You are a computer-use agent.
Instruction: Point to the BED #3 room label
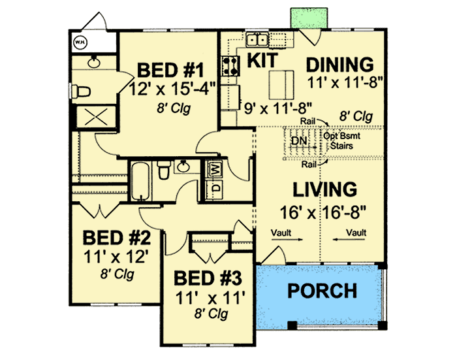[x=209, y=278]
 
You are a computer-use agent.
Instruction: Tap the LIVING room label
[x=324, y=189]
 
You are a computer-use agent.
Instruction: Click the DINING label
[x=339, y=65]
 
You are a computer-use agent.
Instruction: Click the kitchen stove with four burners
[x=230, y=64]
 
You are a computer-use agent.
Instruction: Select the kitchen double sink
[x=257, y=41]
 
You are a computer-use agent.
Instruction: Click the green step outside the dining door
[x=306, y=18]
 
